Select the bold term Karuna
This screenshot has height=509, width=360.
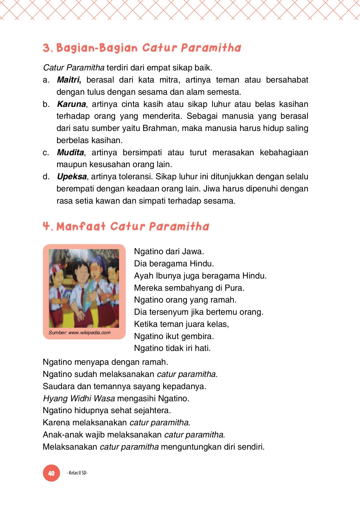pyautogui.click(x=71, y=104)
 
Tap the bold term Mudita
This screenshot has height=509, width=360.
pyautogui.click(x=70, y=152)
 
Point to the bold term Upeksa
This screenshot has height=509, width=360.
pyautogui.click(x=72, y=176)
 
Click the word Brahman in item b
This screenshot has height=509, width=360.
pyautogui.click(x=160, y=128)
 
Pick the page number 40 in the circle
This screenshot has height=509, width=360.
pyautogui.click(x=51, y=473)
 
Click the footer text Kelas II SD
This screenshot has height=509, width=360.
pyautogui.click(x=77, y=473)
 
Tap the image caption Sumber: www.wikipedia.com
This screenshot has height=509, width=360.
pyautogui.click(x=79, y=333)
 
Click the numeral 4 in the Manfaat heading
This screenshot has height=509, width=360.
pyautogui.click(x=46, y=226)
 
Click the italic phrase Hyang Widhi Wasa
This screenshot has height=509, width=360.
pyautogui.click(x=79, y=398)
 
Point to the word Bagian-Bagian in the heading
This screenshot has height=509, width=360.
pyautogui.click(x=97, y=48)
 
